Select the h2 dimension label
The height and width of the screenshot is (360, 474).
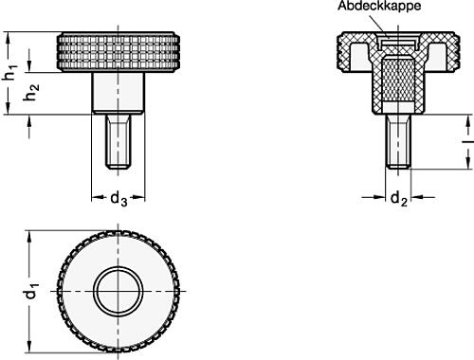[32, 94]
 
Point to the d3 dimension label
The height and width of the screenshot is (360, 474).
[117, 199]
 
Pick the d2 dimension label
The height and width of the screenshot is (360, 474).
[399, 199]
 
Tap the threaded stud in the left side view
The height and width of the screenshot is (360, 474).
[117, 142]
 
